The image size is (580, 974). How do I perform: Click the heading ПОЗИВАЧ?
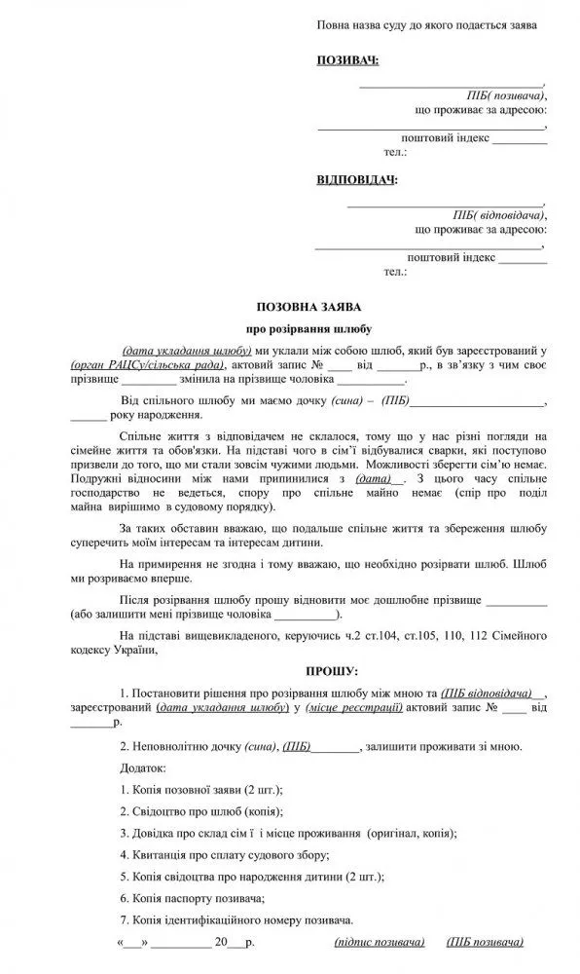347,61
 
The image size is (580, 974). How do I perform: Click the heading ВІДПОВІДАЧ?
357,180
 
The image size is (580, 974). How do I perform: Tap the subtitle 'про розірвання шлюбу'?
302,329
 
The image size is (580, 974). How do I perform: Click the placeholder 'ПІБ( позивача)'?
506,96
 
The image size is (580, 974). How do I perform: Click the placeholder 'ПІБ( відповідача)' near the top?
498,214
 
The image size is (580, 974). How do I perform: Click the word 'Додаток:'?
142,768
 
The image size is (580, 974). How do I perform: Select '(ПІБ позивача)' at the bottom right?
485,943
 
